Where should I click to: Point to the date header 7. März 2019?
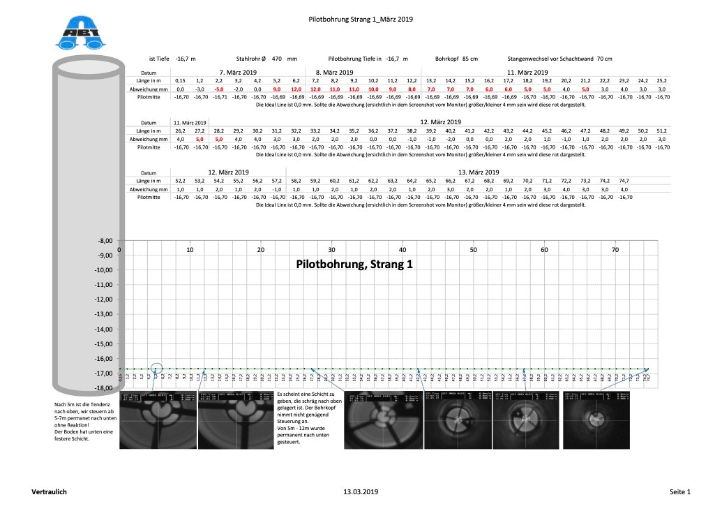coord(239,72)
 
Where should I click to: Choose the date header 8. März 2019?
coord(335,72)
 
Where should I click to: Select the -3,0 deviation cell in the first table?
coord(200,89)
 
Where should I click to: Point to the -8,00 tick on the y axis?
coord(104,241)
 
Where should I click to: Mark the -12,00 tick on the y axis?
coord(103,299)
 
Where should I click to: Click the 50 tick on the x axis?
coord(474,250)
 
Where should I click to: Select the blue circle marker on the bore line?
coord(156,368)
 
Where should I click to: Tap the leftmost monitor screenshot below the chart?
coord(157,421)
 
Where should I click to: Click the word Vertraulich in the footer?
coord(50,492)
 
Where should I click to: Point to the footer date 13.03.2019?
coord(361,492)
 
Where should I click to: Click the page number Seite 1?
coord(680,492)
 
